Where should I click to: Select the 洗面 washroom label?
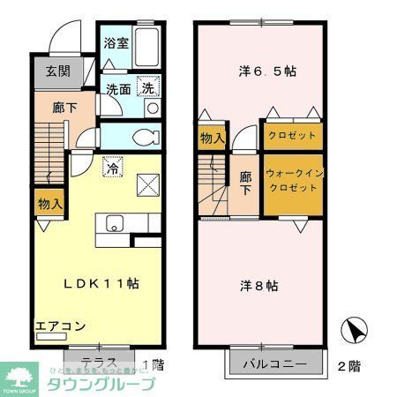click(x=119, y=89)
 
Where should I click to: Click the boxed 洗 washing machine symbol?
click(x=150, y=88)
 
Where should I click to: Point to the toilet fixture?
click(x=150, y=137)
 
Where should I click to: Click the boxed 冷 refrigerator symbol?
click(x=112, y=165)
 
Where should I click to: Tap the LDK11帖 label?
click(x=99, y=284)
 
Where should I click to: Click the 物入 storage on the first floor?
click(x=49, y=204)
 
